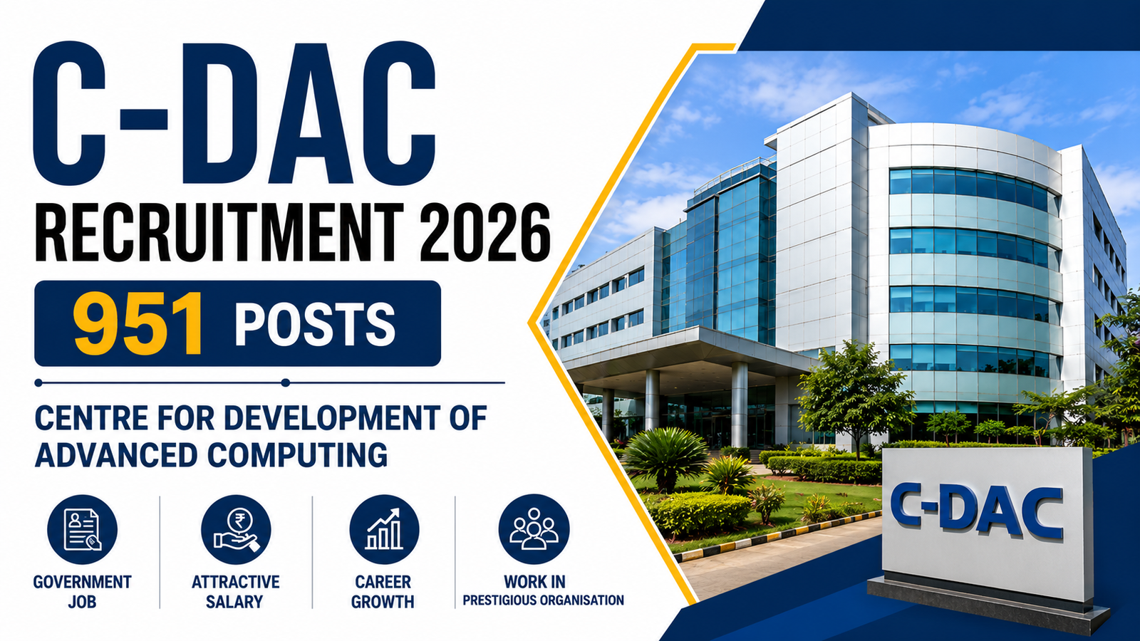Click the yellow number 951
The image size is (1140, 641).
pos(138,324)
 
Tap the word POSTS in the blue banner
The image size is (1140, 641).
pos(314,324)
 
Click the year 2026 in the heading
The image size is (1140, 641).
pos(485,233)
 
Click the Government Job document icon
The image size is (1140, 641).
pos(83,530)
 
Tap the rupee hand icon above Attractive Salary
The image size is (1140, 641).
pos(236,530)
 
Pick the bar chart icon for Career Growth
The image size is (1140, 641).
pos(384,530)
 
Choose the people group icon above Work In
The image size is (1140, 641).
pos(534,530)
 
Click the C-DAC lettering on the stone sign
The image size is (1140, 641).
pos(977,511)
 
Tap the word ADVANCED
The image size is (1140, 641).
pos(116,454)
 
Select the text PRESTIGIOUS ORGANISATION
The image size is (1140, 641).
pos(543,600)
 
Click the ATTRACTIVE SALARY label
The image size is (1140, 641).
pos(235,592)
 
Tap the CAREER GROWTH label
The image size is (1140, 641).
pos(383,592)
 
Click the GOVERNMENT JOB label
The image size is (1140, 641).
pos(82,592)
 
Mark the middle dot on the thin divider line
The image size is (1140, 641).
pos(286,382)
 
